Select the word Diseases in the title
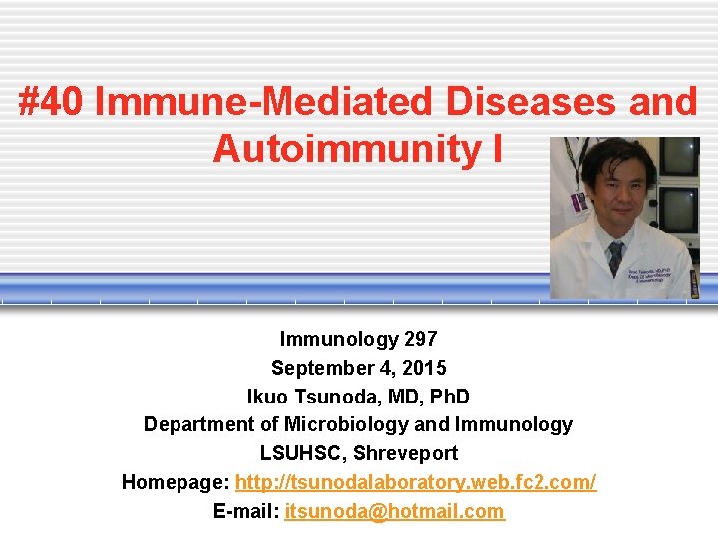[534, 102]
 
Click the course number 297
[419, 338]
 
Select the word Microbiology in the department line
[346, 424]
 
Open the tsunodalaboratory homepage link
[416, 482]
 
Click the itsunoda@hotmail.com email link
[394, 511]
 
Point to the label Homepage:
[176, 482]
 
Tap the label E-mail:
[246, 511]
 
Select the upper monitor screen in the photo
[679, 157]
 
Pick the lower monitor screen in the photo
[680, 208]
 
